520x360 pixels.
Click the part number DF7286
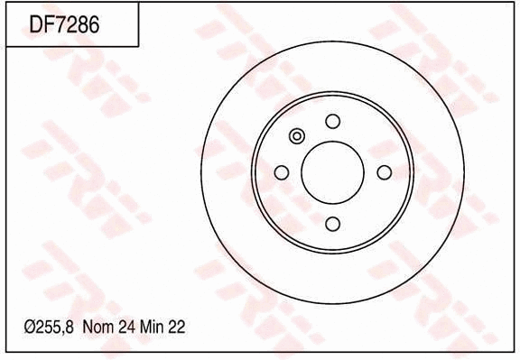(64, 24)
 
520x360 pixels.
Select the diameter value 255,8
(53, 329)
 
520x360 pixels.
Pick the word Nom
(97, 329)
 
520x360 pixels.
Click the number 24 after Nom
(125, 329)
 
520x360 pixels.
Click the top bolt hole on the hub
(332, 121)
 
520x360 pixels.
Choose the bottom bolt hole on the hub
(332, 224)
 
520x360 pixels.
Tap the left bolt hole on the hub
(281, 172)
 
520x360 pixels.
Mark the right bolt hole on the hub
(384, 172)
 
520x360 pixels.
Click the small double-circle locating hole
(297, 136)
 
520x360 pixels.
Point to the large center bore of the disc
(332, 172)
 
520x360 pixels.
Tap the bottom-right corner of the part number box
(138, 46)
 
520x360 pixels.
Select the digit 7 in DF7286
(60, 24)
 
